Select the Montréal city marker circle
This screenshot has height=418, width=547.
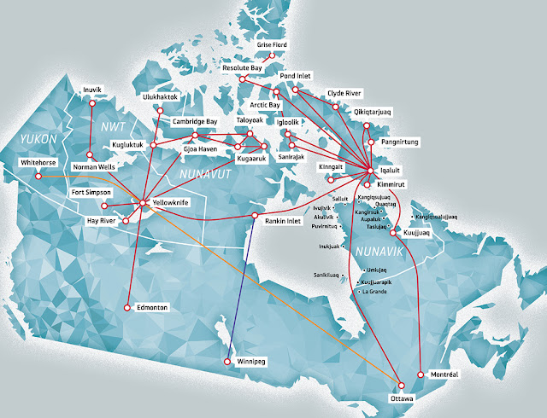[x=421, y=374]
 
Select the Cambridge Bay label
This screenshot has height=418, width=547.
[x=198, y=122]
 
